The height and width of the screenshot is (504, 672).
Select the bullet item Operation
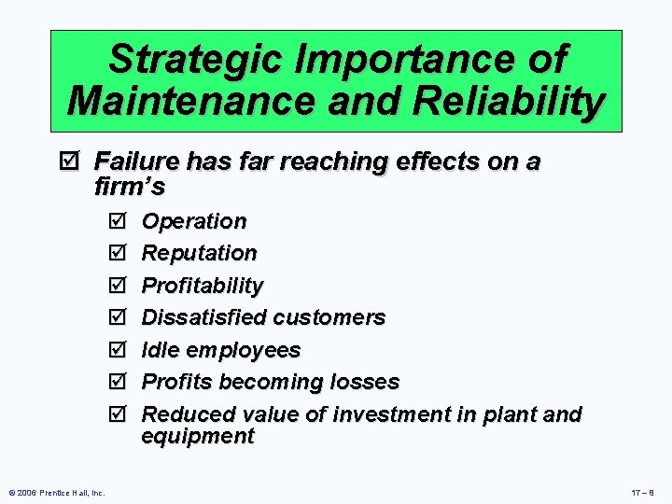(x=194, y=221)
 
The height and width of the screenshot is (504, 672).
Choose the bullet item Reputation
(x=199, y=253)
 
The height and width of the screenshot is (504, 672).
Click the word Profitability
(x=202, y=286)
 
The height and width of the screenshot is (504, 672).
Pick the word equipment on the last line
(x=197, y=436)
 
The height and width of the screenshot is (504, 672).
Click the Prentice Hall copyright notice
(x=56, y=492)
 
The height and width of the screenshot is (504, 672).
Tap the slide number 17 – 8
(x=643, y=492)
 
